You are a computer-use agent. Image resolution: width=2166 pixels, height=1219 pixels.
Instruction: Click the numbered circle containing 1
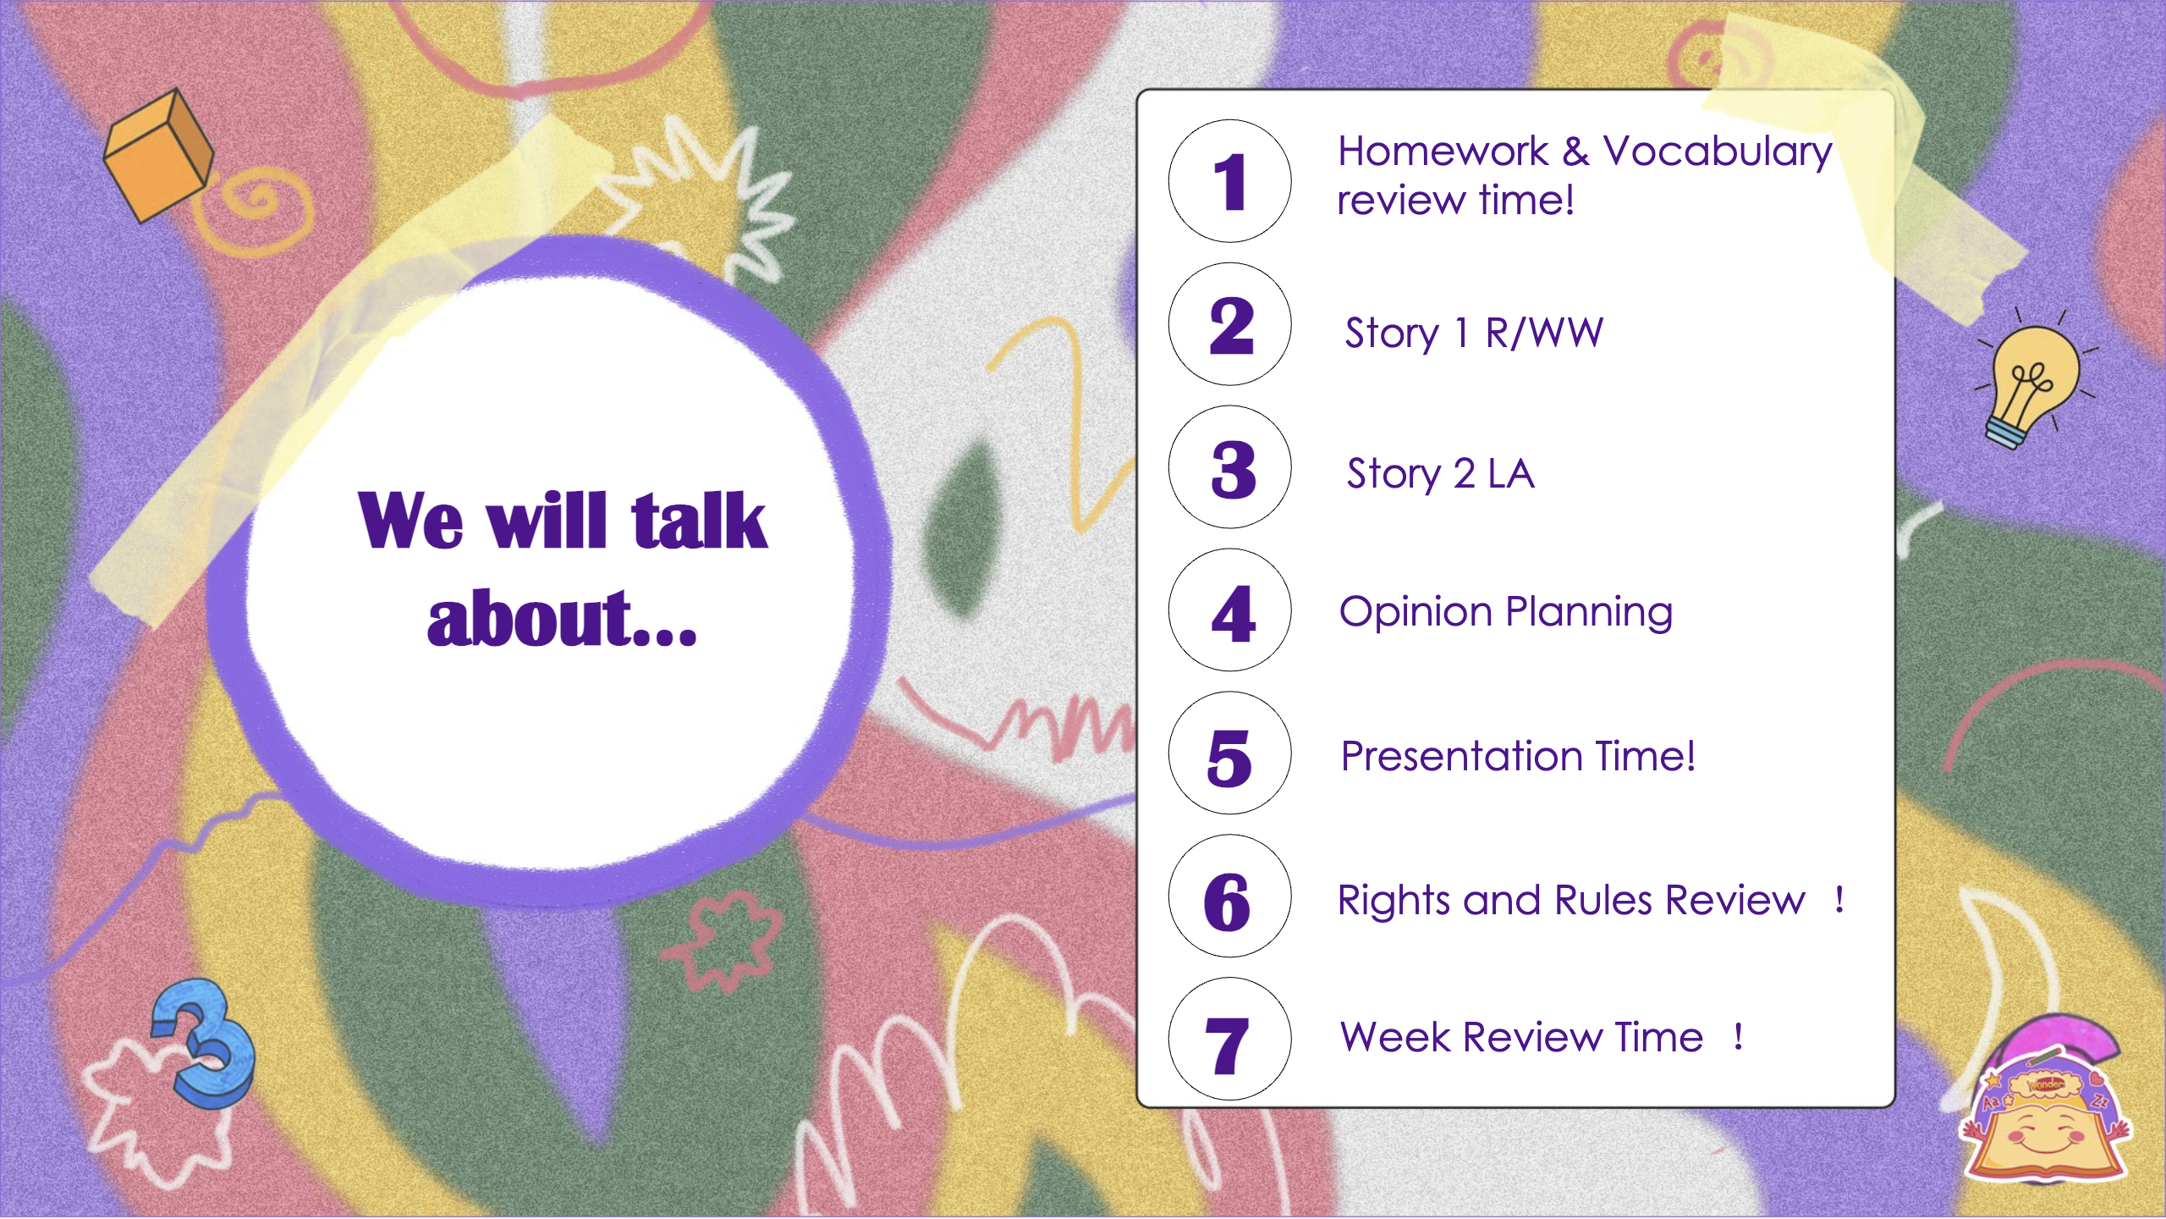pos(1229,181)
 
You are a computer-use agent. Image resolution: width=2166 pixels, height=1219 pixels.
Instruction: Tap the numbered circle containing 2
pos(1229,324)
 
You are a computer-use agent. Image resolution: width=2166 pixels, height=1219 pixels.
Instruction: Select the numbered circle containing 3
pos(1229,467)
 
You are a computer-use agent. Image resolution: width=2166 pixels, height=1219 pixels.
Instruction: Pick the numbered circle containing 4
pos(1229,610)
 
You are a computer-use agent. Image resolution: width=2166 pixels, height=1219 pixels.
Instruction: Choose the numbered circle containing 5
pos(1229,753)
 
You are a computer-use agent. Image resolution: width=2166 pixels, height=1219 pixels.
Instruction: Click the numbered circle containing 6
pos(1229,896)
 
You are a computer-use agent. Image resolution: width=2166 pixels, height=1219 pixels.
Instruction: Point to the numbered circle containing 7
pos(1229,1040)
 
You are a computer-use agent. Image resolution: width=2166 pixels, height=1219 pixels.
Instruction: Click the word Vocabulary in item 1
pos(1718,153)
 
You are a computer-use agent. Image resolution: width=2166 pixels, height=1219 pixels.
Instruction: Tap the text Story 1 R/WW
pos(1474,333)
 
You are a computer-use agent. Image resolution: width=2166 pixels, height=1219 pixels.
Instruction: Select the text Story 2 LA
pos(1440,474)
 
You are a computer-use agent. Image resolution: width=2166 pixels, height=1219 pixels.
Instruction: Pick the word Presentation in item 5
pos(1462,756)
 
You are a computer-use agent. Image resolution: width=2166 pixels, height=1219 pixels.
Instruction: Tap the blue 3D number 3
pos(203,1041)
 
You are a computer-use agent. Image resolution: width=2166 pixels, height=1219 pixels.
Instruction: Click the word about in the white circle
pos(528,619)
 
